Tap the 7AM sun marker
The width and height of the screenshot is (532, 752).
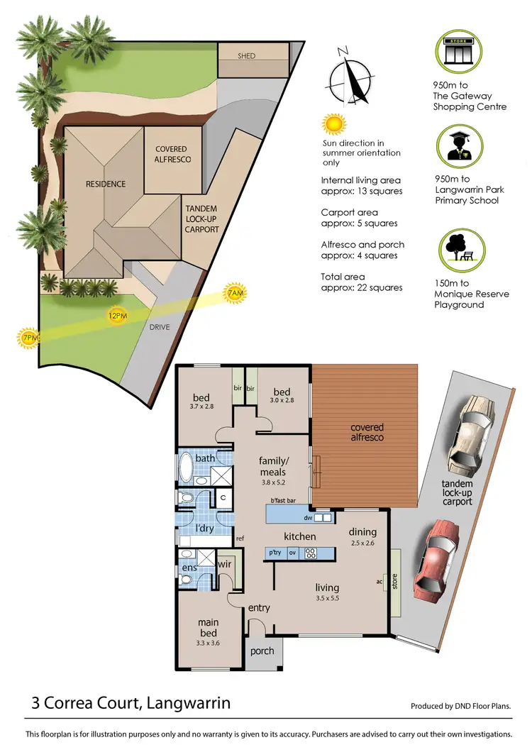coord(235,292)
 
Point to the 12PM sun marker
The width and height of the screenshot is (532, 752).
coord(116,314)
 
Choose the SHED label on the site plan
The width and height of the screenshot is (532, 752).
coord(246,56)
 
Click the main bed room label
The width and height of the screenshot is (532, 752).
coord(208,628)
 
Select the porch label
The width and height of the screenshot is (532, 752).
coord(262,651)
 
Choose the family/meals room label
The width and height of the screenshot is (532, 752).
coord(272,466)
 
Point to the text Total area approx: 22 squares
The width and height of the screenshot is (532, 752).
coord(362,282)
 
